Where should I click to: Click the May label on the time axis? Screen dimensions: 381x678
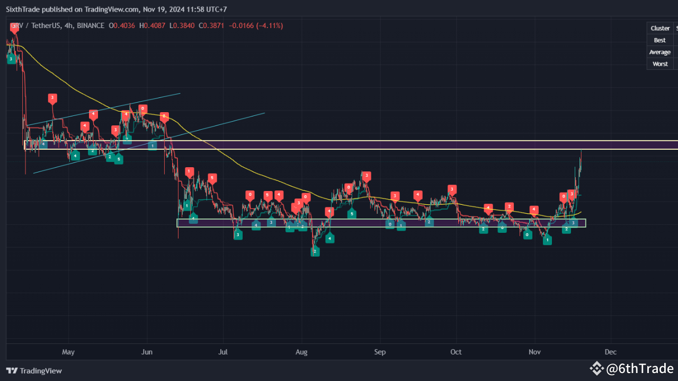68,352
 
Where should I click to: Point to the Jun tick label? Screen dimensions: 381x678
147,352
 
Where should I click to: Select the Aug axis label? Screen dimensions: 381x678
301,352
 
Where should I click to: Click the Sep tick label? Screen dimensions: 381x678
380,352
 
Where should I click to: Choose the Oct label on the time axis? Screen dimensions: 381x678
456,352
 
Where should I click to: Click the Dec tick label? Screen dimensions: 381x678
610,352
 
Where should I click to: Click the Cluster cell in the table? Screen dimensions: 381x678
660,28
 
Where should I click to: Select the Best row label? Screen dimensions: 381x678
660,40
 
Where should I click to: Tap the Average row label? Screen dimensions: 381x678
660,52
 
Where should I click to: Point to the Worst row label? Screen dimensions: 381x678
660,63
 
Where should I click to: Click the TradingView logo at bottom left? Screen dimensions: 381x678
34,371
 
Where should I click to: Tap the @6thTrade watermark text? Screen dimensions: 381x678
640,369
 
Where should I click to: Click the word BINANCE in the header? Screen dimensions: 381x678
91,25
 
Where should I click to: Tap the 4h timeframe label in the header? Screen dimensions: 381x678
67,25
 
